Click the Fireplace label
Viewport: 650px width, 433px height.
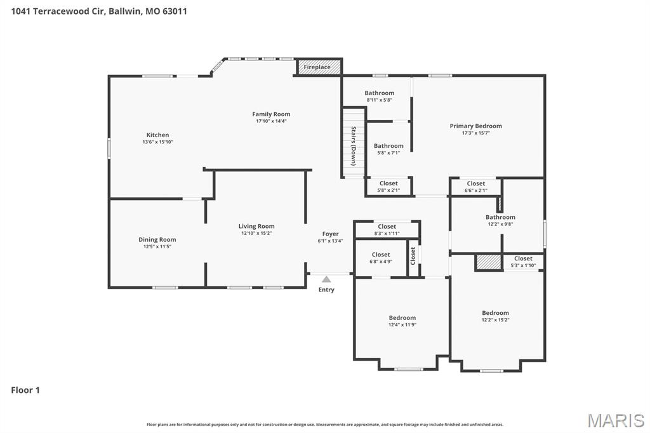pyautogui.click(x=317, y=67)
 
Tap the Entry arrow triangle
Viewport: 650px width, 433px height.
pyautogui.click(x=326, y=279)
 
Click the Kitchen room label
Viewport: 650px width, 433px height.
pyautogui.click(x=157, y=135)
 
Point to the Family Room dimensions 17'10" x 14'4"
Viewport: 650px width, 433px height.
pyautogui.click(x=271, y=121)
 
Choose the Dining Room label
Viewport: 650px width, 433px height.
pyautogui.click(x=157, y=239)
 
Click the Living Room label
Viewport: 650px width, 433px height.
pyautogui.click(x=256, y=226)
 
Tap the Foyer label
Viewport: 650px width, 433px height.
pyautogui.click(x=330, y=234)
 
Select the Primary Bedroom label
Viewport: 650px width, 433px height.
pyautogui.click(x=475, y=126)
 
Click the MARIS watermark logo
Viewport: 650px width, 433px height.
pyautogui.click(x=616, y=420)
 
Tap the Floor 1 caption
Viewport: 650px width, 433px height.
pyautogui.click(x=25, y=390)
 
